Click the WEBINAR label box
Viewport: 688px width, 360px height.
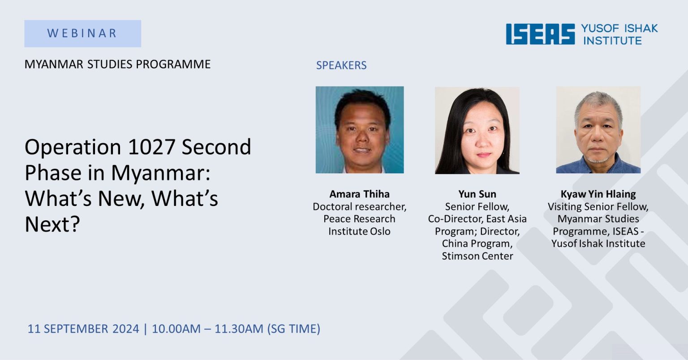pos(82,34)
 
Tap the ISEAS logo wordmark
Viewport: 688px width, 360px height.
pos(540,34)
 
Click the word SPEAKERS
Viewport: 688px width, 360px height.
pos(341,65)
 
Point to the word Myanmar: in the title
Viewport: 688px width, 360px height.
pos(161,173)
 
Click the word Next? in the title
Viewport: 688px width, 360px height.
pos(52,224)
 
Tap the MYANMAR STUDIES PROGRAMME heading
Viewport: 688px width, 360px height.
pos(118,64)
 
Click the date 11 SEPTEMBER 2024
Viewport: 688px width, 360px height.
pos(83,329)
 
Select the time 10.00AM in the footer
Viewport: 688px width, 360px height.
pos(176,329)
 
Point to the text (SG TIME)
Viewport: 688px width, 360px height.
pos(294,329)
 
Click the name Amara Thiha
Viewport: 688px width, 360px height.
pos(359,194)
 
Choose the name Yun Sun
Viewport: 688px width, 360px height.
pos(477,194)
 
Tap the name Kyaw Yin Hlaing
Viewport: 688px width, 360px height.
pos(598,194)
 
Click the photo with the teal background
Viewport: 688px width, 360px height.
pos(360,130)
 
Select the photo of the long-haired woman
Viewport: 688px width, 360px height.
pos(477,131)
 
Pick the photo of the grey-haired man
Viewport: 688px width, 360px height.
pos(598,130)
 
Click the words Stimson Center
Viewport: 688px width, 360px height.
pos(477,256)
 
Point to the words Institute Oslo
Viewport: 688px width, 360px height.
pos(359,231)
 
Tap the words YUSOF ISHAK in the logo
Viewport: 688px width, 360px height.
pos(619,28)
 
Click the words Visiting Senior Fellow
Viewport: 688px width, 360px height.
pos(598,206)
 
